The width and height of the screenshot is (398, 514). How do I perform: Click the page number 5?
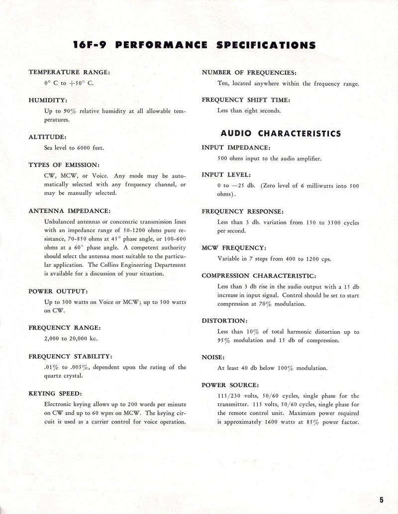click(381, 500)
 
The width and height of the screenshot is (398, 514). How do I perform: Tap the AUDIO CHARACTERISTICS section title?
click(281, 133)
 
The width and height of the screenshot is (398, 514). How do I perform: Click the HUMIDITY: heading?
click(48, 100)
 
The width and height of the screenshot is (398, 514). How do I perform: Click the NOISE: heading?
click(213, 357)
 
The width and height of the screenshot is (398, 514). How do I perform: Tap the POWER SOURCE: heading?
click(230, 385)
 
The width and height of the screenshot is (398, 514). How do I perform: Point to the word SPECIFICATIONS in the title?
click(266, 45)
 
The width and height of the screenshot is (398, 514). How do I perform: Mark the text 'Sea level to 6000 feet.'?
click(74, 148)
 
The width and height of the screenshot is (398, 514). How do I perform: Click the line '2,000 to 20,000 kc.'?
click(71, 339)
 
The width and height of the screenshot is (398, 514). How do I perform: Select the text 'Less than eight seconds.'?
click(249, 111)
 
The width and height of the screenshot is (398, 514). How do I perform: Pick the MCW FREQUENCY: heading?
click(233, 248)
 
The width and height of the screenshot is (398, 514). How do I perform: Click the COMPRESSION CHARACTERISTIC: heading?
click(259, 275)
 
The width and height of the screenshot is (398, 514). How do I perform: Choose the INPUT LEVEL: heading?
click(226, 175)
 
